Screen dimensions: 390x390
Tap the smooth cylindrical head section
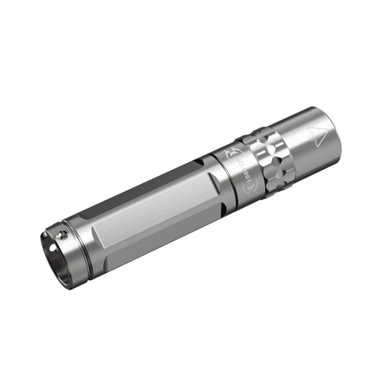[308, 139]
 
